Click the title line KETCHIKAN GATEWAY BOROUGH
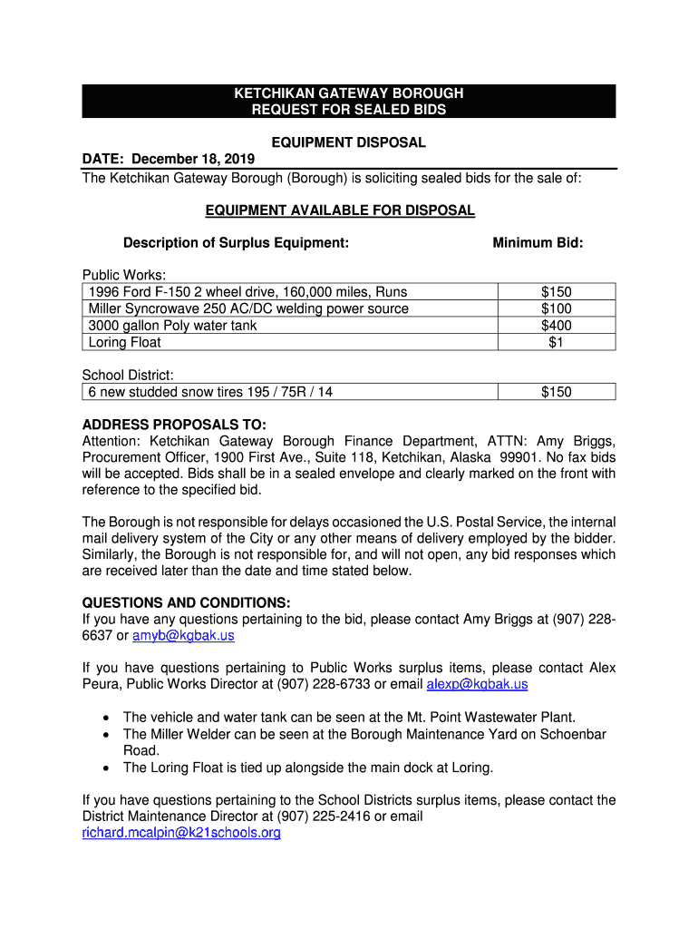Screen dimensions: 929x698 [x=349, y=93]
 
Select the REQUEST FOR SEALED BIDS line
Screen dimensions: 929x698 [x=349, y=110]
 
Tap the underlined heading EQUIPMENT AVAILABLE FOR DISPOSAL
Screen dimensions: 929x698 [x=340, y=210]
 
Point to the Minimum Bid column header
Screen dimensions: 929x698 [x=538, y=243]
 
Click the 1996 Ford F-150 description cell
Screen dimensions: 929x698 [x=247, y=291]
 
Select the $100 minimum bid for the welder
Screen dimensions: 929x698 [x=556, y=308]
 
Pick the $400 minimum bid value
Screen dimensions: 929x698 [x=556, y=325]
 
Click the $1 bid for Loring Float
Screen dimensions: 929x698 [x=556, y=342]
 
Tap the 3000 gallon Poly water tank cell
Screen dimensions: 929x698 [x=172, y=325]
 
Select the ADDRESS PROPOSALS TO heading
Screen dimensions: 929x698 [x=174, y=425]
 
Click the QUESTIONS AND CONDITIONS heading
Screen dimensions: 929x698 [x=186, y=602]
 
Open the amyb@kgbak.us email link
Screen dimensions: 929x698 [x=183, y=636]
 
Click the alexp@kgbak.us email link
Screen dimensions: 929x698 [x=477, y=684]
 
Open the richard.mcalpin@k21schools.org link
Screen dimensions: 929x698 [x=181, y=833]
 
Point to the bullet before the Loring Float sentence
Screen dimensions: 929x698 [x=108, y=768]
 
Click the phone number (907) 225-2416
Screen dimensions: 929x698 [x=324, y=817]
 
